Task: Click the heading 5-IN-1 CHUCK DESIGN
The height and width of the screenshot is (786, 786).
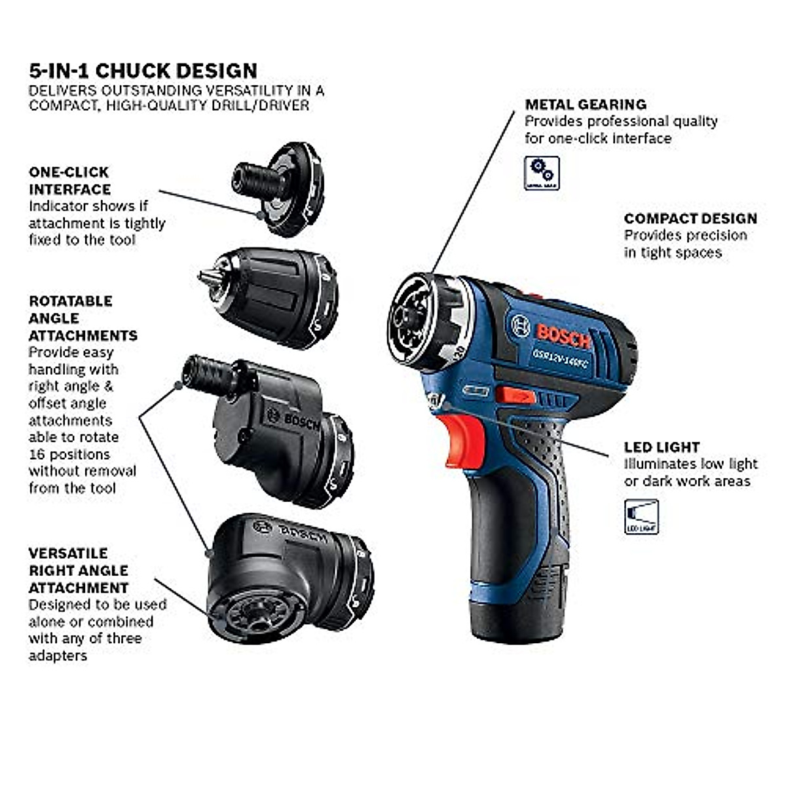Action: (x=143, y=71)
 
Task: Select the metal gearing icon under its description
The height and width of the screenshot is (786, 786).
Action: (x=542, y=173)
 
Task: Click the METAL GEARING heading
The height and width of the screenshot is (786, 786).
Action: (x=585, y=104)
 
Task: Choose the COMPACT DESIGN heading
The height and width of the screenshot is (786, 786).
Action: (x=690, y=219)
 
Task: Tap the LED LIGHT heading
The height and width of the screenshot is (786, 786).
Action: (x=662, y=447)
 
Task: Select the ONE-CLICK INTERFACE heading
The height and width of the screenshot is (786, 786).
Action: (x=69, y=181)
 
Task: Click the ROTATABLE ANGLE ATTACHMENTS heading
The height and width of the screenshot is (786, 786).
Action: (x=83, y=318)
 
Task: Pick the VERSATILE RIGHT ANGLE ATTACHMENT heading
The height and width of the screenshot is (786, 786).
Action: (x=79, y=571)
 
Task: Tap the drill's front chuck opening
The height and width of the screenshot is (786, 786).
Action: (x=411, y=320)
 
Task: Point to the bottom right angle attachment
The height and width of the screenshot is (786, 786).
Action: (x=288, y=576)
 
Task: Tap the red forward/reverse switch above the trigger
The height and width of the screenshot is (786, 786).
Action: (x=514, y=395)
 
